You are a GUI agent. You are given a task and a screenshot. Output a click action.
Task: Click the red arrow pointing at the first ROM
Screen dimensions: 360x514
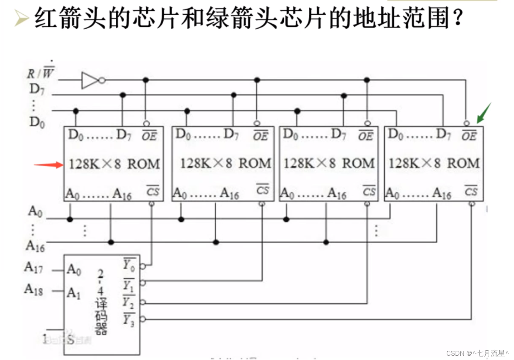click(49, 165)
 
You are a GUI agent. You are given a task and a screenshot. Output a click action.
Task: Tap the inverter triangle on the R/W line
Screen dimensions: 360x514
click(90, 80)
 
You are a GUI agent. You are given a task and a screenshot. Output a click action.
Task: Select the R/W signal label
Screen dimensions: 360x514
click(40, 73)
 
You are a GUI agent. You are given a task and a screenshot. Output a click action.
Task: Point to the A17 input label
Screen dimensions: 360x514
click(34, 268)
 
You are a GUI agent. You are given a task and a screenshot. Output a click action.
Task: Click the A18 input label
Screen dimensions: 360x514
click(34, 289)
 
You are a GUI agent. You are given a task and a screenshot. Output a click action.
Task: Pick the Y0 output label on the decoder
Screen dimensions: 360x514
click(129, 265)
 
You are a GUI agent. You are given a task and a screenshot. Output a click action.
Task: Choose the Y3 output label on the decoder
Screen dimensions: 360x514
click(129, 319)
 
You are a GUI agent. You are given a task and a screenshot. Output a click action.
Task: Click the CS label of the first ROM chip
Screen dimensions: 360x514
click(153, 191)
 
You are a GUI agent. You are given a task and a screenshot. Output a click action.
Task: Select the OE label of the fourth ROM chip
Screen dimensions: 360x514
click(469, 136)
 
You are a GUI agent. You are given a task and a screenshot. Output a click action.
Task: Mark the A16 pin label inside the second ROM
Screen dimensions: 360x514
click(229, 194)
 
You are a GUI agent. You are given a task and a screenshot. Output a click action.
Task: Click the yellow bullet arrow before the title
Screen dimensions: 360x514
click(21, 18)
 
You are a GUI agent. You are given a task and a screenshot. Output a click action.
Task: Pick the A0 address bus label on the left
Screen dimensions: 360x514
click(35, 211)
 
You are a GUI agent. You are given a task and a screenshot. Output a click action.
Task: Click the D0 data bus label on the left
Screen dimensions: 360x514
click(37, 122)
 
